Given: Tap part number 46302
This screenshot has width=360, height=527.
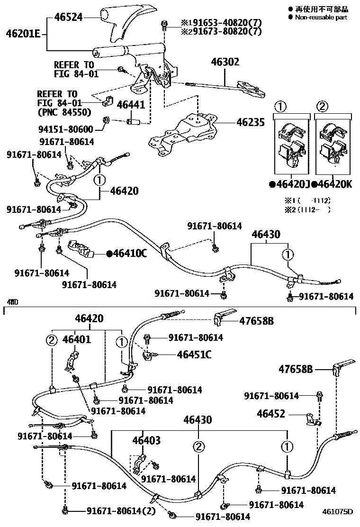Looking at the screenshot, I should [225, 62].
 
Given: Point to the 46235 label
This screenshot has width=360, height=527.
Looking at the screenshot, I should [252, 122].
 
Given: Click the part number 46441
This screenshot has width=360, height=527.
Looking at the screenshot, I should [131, 105].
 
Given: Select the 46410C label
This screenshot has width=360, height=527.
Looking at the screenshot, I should [126, 254].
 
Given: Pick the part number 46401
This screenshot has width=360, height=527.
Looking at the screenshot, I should [77, 339].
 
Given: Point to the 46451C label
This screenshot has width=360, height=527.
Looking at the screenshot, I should [194, 354].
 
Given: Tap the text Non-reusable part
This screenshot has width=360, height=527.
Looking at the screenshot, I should [321, 18].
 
